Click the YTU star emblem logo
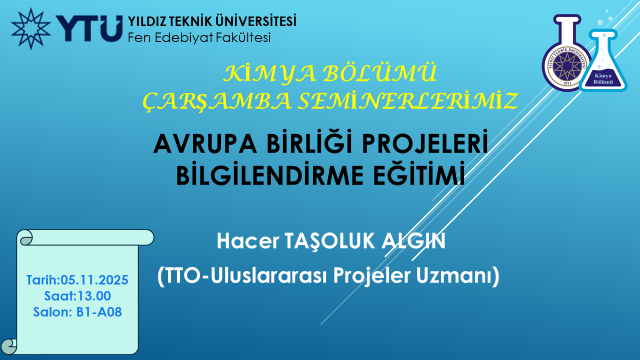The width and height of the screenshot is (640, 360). coord(31,29)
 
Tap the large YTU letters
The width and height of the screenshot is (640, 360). coord(89,29)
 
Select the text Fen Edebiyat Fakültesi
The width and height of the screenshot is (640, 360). coord(199,38)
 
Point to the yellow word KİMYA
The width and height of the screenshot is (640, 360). coord(269,74)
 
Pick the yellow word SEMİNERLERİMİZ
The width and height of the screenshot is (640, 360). coord(408,101)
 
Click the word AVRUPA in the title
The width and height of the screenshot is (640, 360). coord(205,144)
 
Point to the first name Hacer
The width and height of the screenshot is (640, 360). coord(248,241)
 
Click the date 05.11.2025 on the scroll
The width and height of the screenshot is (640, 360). coord(94,280)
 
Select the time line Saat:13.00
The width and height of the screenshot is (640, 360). coord(78,296)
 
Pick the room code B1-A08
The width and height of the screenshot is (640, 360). coord(99,312)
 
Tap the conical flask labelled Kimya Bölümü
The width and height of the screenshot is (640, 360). coord(604,61)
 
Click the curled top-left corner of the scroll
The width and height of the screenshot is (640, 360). coord(25,238)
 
